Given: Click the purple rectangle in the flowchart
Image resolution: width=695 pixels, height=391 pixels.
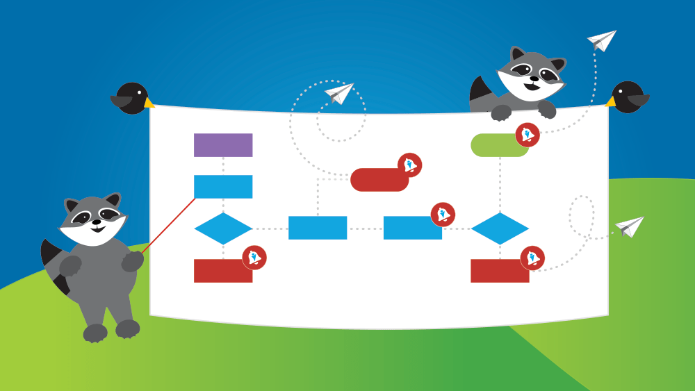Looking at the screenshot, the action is (x=222, y=145).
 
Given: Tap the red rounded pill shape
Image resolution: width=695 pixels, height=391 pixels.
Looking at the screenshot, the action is (x=379, y=180).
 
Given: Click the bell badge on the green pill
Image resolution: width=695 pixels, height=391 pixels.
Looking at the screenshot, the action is (x=528, y=135).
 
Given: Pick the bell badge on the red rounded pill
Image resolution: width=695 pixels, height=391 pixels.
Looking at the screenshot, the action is (x=409, y=165).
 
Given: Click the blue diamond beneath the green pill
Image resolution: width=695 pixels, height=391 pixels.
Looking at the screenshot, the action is (x=500, y=228).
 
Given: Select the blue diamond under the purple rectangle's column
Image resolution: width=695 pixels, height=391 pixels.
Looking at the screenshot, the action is (x=222, y=228).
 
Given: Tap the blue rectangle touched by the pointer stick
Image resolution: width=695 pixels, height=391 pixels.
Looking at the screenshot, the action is (x=222, y=187).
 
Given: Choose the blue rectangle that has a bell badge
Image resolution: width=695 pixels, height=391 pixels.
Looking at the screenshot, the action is (x=412, y=228).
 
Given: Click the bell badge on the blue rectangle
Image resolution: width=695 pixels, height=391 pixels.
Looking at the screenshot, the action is (x=443, y=215).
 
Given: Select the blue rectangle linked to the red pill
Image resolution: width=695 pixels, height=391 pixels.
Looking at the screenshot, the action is (x=318, y=228).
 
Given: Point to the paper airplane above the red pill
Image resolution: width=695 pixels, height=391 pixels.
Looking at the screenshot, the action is (x=340, y=93).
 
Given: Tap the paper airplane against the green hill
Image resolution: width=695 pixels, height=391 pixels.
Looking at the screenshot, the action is (x=630, y=226).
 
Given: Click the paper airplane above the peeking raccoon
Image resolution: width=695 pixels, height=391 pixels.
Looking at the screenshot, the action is (x=602, y=40).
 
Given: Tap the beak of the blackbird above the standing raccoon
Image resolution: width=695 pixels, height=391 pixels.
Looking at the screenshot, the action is (x=149, y=102).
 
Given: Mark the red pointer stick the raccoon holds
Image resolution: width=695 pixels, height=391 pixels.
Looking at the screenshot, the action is (x=169, y=224).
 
